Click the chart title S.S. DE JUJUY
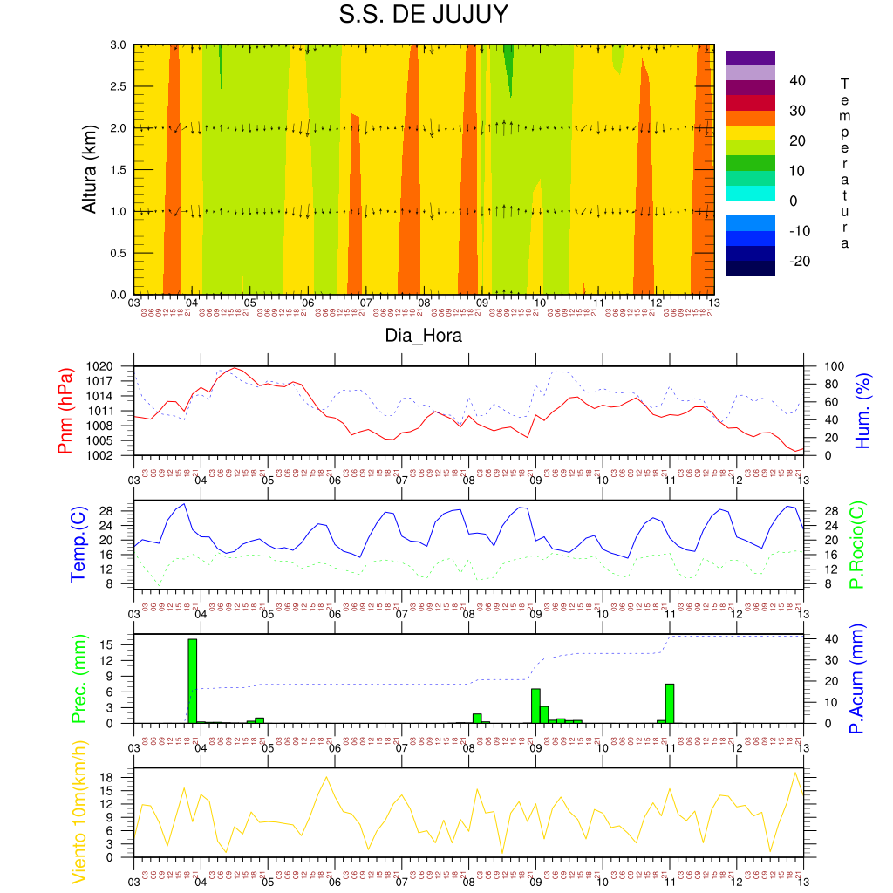point(423,16)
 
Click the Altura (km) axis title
point(89,169)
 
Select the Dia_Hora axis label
point(424,336)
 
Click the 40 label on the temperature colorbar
point(796,80)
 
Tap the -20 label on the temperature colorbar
point(796,261)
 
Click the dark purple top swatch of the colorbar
point(750,58)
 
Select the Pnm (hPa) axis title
point(65,410)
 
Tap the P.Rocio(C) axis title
point(857,543)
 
